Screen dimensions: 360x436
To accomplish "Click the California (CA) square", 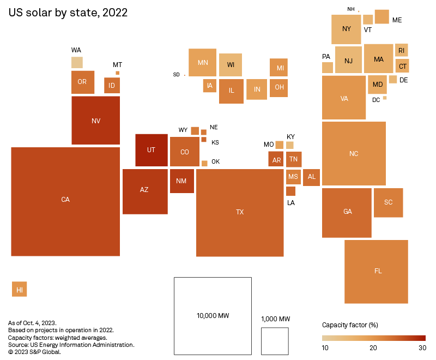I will pyautogui.click(x=65, y=201).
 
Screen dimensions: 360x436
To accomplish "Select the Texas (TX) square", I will pyautogui.click(x=240, y=212).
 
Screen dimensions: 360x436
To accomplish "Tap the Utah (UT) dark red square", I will pyautogui.click(x=152, y=150).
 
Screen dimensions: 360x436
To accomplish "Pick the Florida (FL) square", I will pyautogui.click(x=376, y=271).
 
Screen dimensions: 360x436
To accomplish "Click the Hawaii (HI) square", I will pyautogui.click(x=20, y=289).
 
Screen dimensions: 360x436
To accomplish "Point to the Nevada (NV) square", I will pyautogui.click(x=96, y=121).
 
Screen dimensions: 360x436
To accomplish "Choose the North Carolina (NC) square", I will pyautogui.click(x=354, y=153).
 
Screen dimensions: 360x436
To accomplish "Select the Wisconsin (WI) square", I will pyautogui.click(x=231, y=65).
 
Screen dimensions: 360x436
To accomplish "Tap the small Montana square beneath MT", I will pyautogui.click(x=117, y=73).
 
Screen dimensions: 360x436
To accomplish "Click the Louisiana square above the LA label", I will pyautogui.click(x=290, y=191).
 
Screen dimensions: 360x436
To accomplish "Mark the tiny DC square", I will pyautogui.click(x=385, y=98).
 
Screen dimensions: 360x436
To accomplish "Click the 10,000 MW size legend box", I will pyautogui.click(x=213, y=316).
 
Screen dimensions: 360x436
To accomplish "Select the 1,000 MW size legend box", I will pyautogui.click(x=275, y=341).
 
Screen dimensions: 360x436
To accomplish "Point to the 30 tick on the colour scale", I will pyautogui.click(x=421, y=348).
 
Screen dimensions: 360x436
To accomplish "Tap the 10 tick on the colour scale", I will pyautogui.click(x=325, y=348).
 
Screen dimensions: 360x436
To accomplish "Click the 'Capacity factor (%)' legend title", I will pyautogui.click(x=350, y=325).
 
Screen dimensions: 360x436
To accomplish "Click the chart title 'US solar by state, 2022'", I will pyautogui.click(x=68, y=13).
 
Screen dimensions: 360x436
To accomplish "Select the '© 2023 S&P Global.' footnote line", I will pyautogui.click(x=34, y=352).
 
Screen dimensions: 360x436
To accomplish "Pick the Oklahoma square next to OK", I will pyautogui.click(x=204, y=163).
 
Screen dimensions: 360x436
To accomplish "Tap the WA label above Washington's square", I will pyautogui.click(x=76, y=50).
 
